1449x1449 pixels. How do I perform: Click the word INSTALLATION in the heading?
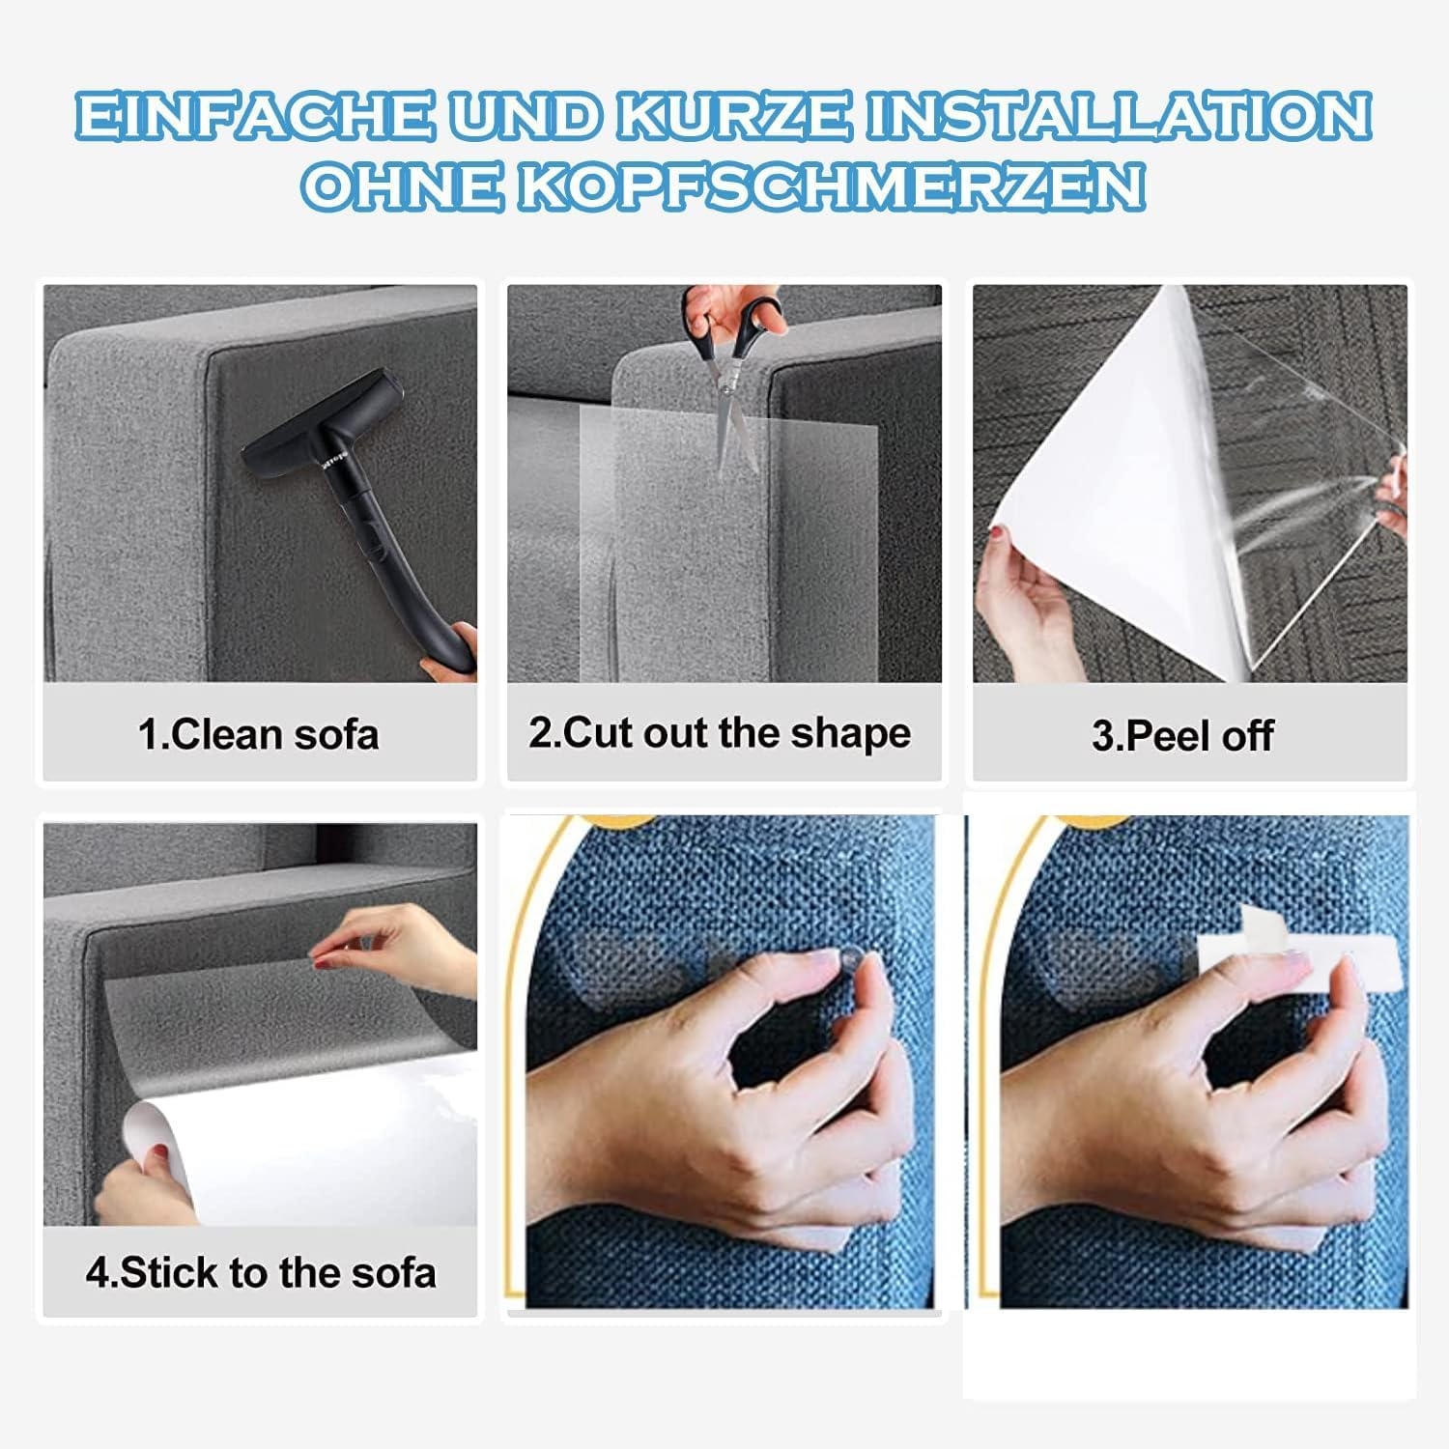point(1118,117)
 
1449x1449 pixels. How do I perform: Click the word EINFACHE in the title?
point(254,117)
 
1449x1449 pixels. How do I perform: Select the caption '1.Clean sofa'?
point(259,734)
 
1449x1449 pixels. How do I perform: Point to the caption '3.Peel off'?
point(1182,736)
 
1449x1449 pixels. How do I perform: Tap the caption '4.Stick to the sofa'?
point(261,1272)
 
